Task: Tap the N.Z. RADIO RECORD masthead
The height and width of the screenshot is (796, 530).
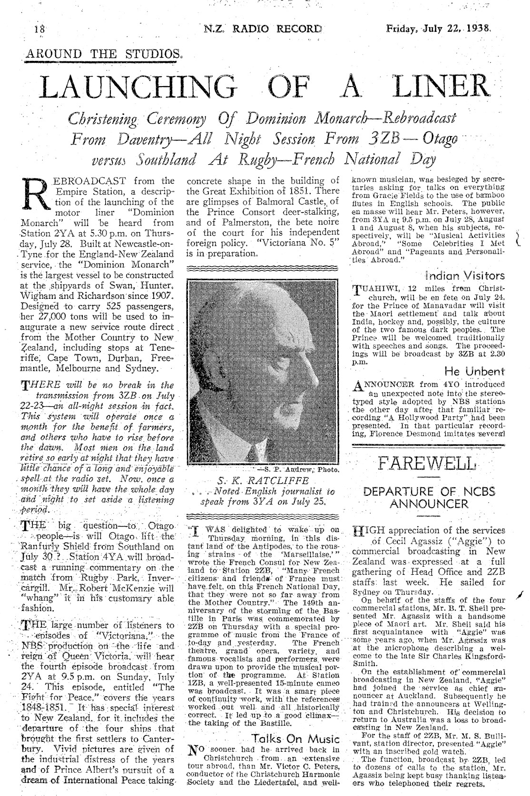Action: click(x=263, y=29)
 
